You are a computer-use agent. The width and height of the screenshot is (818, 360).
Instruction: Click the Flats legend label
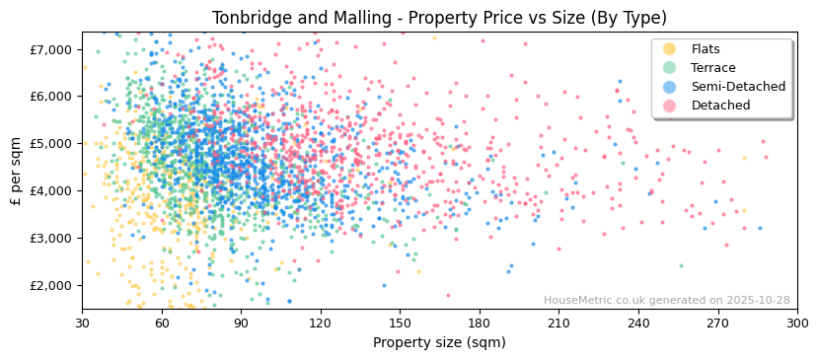(x=706, y=49)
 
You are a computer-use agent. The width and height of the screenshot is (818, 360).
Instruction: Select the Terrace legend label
(x=713, y=68)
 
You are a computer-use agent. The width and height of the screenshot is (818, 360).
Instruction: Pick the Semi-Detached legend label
(x=738, y=87)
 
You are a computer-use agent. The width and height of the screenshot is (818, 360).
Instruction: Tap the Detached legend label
(x=720, y=106)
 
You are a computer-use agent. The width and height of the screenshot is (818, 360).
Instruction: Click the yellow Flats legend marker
(x=670, y=49)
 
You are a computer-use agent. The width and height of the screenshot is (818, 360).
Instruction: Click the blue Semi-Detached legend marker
(x=670, y=87)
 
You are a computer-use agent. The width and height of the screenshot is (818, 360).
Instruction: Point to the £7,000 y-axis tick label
(x=51, y=49)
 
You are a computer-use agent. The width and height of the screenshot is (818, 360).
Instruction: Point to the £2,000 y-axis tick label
(x=51, y=285)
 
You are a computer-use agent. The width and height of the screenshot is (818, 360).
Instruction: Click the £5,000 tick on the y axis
(x=51, y=144)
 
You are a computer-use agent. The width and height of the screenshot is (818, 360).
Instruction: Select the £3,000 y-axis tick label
(x=51, y=238)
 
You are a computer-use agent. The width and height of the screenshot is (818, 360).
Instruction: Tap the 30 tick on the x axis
(x=82, y=324)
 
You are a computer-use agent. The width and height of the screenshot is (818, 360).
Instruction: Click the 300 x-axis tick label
(x=797, y=324)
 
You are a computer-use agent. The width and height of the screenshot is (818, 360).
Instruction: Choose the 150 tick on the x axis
(x=400, y=324)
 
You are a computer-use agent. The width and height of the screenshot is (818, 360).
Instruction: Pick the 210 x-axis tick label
(x=558, y=324)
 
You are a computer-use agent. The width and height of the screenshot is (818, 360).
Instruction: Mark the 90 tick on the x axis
(x=241, y=324)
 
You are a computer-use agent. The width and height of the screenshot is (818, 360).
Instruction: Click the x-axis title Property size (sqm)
(x=439, y=343)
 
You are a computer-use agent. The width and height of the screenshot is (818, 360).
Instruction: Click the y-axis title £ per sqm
(x=17, y=171)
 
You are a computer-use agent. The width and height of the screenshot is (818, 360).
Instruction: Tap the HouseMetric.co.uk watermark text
(x=666, y=300)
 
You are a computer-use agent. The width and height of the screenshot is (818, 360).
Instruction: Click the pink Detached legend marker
(x=670, y=106)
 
